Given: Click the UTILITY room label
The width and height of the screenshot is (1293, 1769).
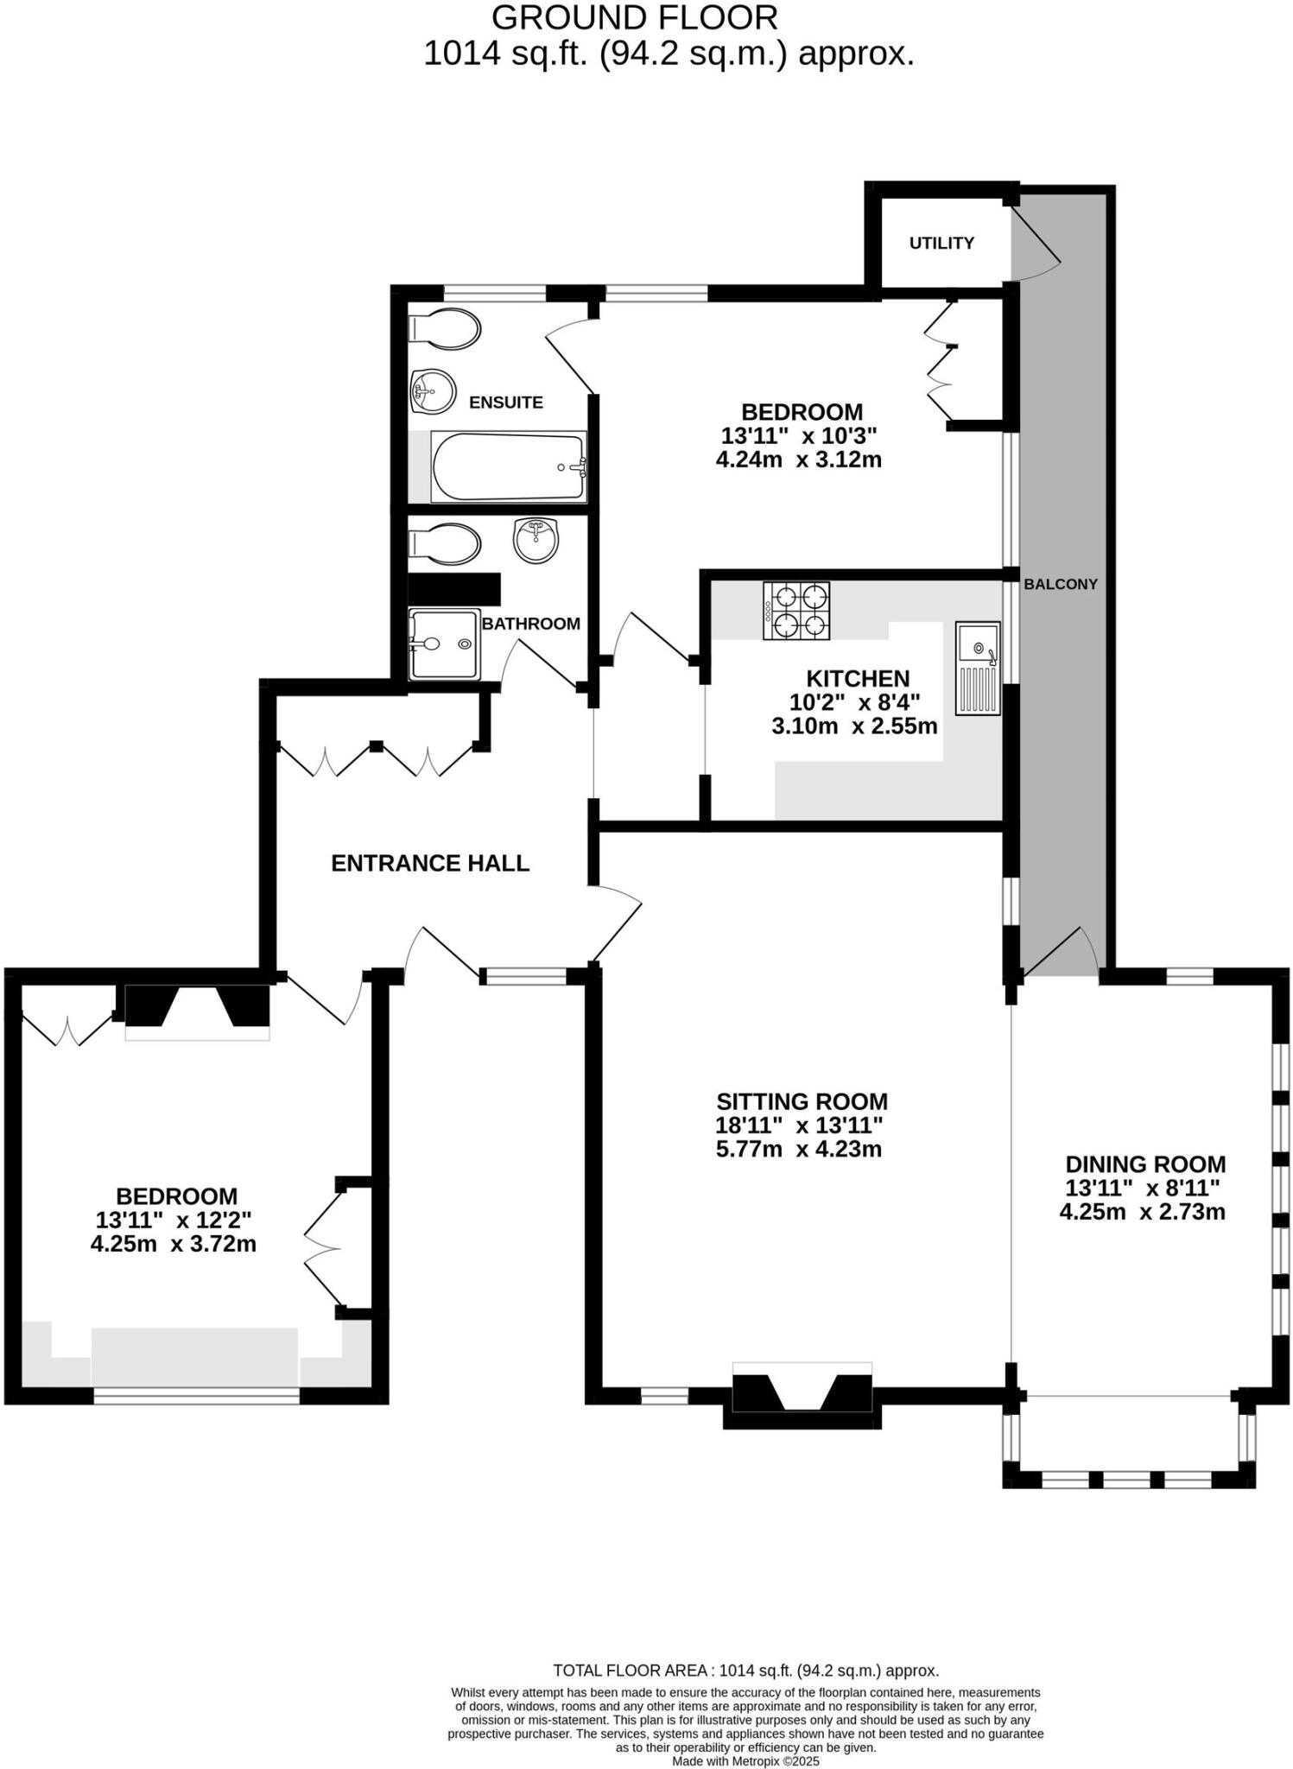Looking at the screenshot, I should coord(941,244).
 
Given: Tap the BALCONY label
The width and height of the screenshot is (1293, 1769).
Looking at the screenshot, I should coord(1060,584).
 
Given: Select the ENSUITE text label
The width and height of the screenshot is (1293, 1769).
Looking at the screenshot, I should coord(505,403).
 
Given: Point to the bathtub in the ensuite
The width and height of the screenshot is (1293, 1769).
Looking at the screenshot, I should coord(508,466).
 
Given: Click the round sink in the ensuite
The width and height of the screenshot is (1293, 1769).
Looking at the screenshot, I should coord(432,392).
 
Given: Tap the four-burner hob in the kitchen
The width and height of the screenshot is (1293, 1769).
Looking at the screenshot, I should coord(795,611).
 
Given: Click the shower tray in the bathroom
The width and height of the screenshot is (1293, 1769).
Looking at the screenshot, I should coord(444,644).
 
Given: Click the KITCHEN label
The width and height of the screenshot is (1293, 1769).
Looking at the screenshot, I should coord(857,679).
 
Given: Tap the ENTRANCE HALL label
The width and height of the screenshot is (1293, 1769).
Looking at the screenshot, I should coord(430,863).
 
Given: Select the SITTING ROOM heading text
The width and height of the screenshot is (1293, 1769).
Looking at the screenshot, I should coord(802,1101).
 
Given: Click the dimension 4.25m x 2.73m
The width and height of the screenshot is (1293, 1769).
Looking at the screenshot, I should coord(1142,1212).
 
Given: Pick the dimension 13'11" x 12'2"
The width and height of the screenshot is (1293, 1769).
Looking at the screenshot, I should coord(174,1221).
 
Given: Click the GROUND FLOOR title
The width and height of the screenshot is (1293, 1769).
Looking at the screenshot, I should coord(635,17).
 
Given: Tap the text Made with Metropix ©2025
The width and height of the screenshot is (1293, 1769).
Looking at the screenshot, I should coord(745,1761).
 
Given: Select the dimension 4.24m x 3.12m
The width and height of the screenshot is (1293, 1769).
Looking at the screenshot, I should coord(798,460).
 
